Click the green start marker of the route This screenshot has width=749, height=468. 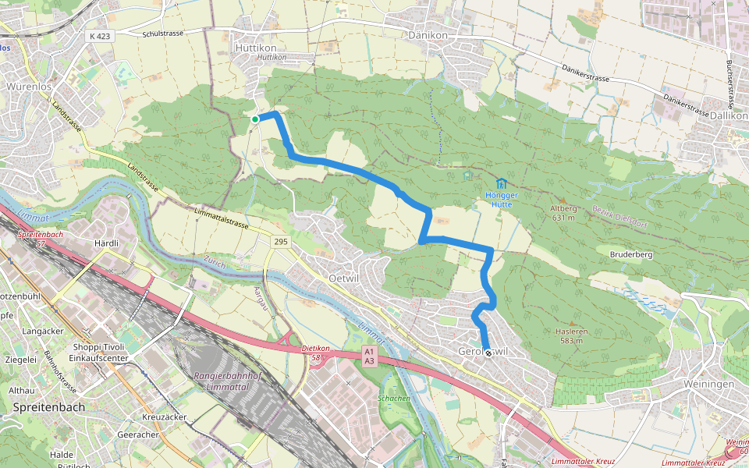click(x=255, y=119)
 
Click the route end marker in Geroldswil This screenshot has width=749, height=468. click(x=488, y=353)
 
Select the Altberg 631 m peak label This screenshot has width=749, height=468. click(x=563, y=213)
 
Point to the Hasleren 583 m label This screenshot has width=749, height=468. click(x=570, y=335)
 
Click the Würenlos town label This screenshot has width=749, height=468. click(x=29, y=87)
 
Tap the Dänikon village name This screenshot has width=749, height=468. click(x=428, y=35)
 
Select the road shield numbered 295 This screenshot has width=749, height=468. click(x=281, y=243)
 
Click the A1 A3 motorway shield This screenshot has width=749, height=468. click(x=370, y=356)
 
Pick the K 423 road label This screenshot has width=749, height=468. click(x=101, y=36)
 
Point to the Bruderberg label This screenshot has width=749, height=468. click(x=630, y=255)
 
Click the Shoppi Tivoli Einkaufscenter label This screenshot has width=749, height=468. click(x=98, y=352)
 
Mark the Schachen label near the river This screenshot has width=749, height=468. click(x=394, y=399)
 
